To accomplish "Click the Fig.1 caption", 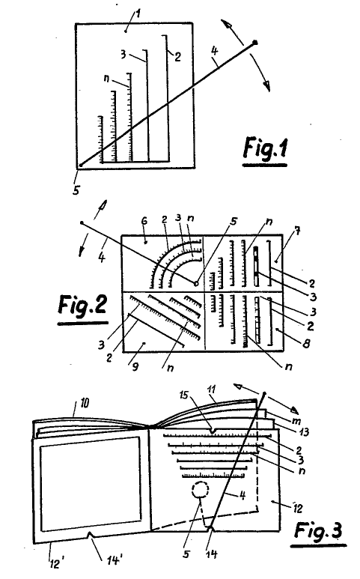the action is click(265, 149).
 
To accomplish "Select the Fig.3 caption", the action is click(318, 530).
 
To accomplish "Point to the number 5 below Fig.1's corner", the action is click(76, 190).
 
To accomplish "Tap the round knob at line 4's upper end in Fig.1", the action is click(254, 43).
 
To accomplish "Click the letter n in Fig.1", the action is click(107, 79).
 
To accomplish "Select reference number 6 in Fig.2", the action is click(144, 221).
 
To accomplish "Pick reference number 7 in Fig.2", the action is click(298, 231).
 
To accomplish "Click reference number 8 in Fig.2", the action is click(306, 344).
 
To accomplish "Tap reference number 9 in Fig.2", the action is click(135, 367).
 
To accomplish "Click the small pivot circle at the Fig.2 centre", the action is click(196, 284).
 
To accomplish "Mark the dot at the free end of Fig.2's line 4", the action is click(82, 222).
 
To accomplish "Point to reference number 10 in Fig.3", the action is click(85, 402).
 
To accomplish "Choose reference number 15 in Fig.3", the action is click(183, 395).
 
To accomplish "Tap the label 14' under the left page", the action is click(115, 560).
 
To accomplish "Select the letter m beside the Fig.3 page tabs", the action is click(296, 421).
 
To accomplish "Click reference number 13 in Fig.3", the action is click(304, 431).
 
